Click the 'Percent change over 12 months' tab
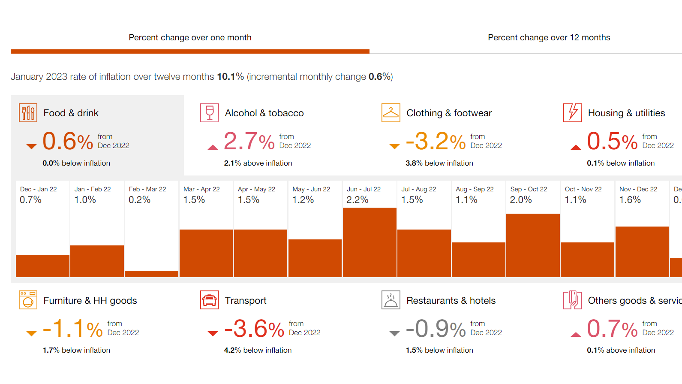[x=549, y=38]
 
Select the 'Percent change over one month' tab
[x=190, y=38]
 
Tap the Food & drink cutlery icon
[x=28, y=113]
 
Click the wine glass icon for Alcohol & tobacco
[x=210, y=113]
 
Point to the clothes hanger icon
[x=391, y=113]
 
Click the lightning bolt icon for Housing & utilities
[x=573, y=113]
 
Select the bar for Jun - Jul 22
[x=370, y=242]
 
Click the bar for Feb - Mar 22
[x=151, y=274]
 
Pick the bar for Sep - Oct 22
[x=533, y=245]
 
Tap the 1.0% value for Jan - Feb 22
[x=85, y=200]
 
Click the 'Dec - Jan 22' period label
[x=38, y=189]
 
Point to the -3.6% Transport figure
[x=254, y=329]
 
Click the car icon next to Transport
[x=210, y=300]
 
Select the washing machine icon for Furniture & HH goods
[x=28, y=300]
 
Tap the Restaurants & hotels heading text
[x=451, y=301]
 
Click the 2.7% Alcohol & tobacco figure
[x=249, y=142]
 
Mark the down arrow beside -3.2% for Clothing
[x=394, y=147]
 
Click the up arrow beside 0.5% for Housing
[x=576, y=147]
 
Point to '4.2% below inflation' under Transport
[x=258, y=351]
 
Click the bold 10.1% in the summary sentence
[x=230, y=77]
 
